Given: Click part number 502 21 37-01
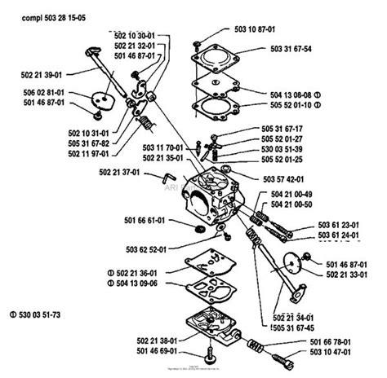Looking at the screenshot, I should pyautogui.click(x=119, y=173).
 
